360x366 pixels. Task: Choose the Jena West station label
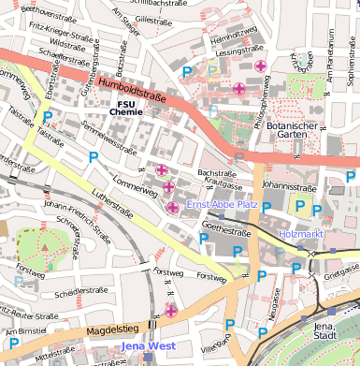[x=148, y=347]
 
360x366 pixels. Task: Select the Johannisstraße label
[x=284, y=185]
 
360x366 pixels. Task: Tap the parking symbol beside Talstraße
[x=48, y=118]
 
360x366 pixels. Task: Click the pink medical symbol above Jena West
[x=170, y=310]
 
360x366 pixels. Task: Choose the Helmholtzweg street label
[x=228, y=40]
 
